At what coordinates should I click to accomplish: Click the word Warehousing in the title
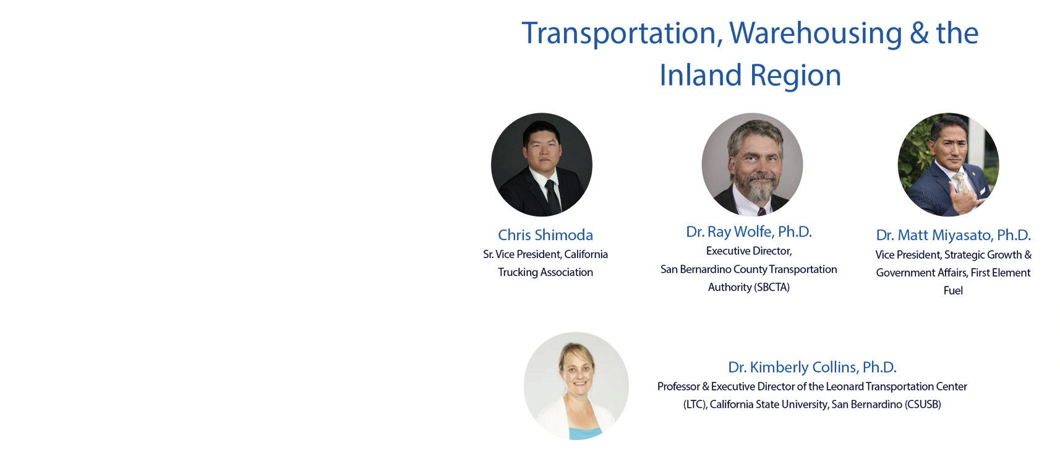[x=815, y=33]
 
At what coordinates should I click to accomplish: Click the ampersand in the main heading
[x=919, y=33]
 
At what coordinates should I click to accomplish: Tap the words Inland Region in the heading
[x=751, y=76]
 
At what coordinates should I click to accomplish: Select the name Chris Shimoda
[x=545, y=235]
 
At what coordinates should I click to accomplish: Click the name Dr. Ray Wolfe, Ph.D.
[x=749, y=231]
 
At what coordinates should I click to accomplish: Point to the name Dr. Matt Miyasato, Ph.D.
[x=953, y=235]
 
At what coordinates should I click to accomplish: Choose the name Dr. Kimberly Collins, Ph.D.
[x=812, y=367]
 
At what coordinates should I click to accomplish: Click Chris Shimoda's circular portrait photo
[x=542, y=165]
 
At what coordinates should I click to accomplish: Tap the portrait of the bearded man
[x=753, y=165]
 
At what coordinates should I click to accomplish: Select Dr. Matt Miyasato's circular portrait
[x=948, y=165]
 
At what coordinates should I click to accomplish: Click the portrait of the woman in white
[x=576, y=386]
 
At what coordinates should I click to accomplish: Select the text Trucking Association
[x=545, y=272]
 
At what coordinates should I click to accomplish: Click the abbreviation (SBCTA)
[x=771, y=288]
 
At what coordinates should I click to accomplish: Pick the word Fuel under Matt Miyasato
[x=953, y=291]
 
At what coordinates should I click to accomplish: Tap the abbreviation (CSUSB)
[x=922, y=405]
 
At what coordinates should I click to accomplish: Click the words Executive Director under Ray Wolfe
[x=748, y=251]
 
